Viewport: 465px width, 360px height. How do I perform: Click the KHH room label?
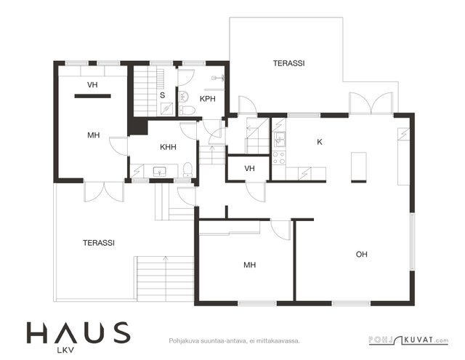coord(168,147)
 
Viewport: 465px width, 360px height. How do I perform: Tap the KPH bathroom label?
coord(207,99)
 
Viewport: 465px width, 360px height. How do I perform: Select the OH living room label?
coord(362,254)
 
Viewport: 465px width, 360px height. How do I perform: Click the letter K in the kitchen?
coord(320,142)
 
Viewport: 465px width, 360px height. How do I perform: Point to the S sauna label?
coord(162,95)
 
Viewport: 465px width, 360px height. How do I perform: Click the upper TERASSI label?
coord(289,63)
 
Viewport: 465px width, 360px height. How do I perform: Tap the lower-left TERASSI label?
coord(99,243)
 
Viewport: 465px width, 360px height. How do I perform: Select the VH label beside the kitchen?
coord(249,169)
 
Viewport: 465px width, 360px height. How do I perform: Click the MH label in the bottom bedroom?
coord(249,265)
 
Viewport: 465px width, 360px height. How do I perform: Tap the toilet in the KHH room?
coord(187,169)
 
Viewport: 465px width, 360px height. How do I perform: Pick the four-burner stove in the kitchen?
coord(279,158)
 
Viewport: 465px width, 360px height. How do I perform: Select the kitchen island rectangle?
coord(359,167)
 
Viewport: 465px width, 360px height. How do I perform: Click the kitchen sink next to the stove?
coord(279,139)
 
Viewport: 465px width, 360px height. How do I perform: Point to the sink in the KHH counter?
coord(160,171)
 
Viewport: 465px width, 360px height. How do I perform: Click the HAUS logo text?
coord(78,332)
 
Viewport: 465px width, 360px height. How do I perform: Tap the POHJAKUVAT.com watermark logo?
coord(408,340)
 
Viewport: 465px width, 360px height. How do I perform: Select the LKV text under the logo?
coord(65,351)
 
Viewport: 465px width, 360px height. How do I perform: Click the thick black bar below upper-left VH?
coord(92,96)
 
